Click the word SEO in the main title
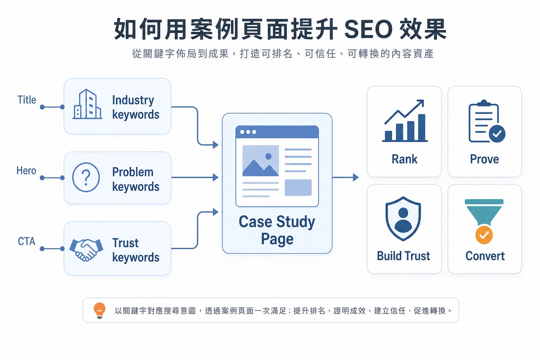368,29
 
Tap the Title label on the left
27,100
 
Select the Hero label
26,171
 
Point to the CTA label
26,241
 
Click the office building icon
87,104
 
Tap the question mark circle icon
86,178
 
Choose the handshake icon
86,250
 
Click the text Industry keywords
136,107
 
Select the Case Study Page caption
277,230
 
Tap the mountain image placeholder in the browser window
261,161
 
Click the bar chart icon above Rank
405,121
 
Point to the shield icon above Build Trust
403,219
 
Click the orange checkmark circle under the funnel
484,235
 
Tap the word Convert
485,256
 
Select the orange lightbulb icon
99,310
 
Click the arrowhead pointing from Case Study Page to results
356,178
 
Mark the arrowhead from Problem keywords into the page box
216,178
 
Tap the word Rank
405,159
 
